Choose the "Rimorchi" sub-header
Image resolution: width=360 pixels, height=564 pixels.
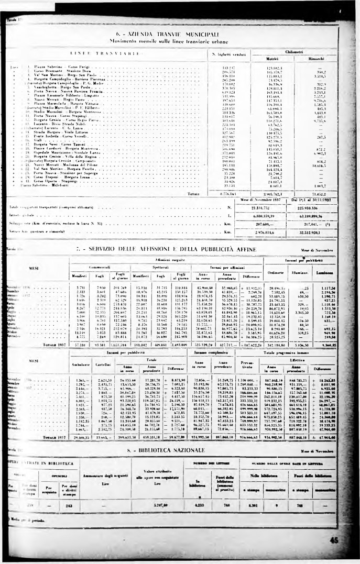point(319,59)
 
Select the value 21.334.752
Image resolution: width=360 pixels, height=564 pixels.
point(274,208)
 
